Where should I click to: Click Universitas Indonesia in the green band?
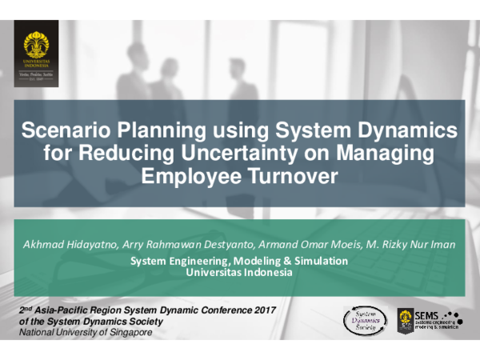pos(239,272)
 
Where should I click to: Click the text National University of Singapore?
pos(86,332)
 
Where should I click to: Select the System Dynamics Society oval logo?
pos(365,320)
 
